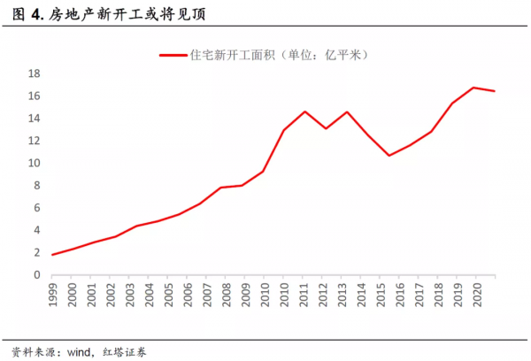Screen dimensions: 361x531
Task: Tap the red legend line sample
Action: [173, 55]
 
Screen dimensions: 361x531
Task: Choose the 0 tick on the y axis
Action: [36, 275]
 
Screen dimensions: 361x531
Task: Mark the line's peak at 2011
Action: [304, 111]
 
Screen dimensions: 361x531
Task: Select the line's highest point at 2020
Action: [473, 88]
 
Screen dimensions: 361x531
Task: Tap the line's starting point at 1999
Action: [52, 255]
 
